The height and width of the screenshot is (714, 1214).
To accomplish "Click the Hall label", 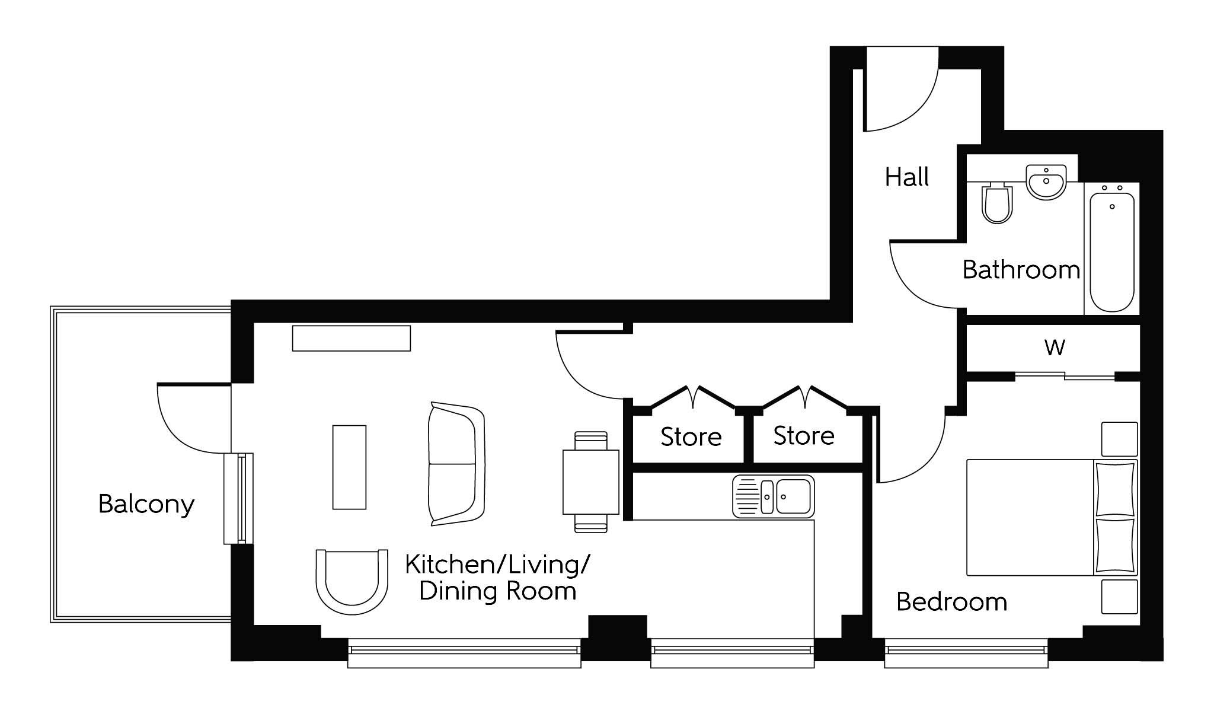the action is pos(907,177).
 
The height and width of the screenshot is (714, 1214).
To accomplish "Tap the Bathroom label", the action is pos(1021,270).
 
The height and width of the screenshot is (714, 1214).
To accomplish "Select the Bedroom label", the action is pos(951,602).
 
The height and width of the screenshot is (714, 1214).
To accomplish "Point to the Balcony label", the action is pos(146,505).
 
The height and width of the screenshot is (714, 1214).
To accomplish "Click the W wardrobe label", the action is pos(1055,347).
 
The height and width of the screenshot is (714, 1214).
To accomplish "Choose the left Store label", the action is pos(691,437).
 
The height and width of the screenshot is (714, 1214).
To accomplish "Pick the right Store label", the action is pos(804,436).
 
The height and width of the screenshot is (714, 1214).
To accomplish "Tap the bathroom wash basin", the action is pos(1046,182).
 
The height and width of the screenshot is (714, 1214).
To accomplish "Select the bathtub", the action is pos(1112,248).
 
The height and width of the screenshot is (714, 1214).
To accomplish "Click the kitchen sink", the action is pos(774,496).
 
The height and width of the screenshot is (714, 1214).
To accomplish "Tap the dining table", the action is pos(591,482).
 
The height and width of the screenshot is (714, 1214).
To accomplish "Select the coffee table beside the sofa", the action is pos(349,467).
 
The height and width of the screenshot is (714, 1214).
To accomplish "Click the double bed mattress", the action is pos(1030,517).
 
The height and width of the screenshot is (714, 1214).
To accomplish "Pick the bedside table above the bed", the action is pos(1120,439).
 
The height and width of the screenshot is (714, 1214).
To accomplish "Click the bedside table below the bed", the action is pos(1120,597).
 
